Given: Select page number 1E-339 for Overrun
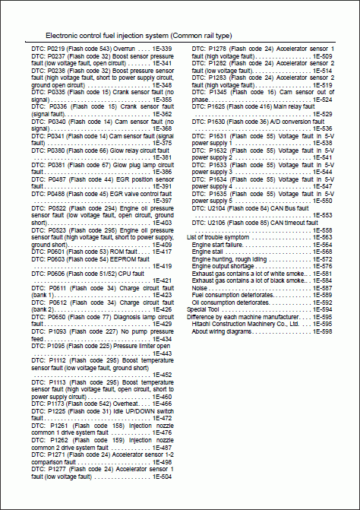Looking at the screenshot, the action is tap(161, 49).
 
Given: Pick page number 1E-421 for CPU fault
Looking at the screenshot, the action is tap(161, 280).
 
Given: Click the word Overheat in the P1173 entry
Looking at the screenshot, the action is tap(125, 403).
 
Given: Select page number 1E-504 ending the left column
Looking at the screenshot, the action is tap(161, 476).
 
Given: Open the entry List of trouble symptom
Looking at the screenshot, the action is tap(217, 237).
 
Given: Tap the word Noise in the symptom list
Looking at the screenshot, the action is tap(200, 288).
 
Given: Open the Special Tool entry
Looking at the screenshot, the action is tap(203, 309).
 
